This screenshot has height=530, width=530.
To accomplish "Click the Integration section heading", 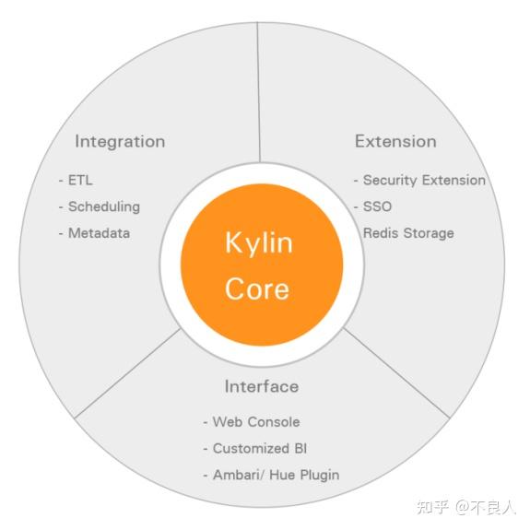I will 120,142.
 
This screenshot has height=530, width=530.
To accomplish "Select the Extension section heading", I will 395,142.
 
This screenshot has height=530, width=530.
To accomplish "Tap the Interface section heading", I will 261,386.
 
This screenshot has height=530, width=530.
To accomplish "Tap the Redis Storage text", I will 408,233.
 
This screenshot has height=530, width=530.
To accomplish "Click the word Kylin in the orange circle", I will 258,243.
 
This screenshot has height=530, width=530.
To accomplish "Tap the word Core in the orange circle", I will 257,288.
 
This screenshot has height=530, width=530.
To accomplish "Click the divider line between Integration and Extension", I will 259,92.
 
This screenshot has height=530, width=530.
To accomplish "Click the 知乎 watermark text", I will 432,507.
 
